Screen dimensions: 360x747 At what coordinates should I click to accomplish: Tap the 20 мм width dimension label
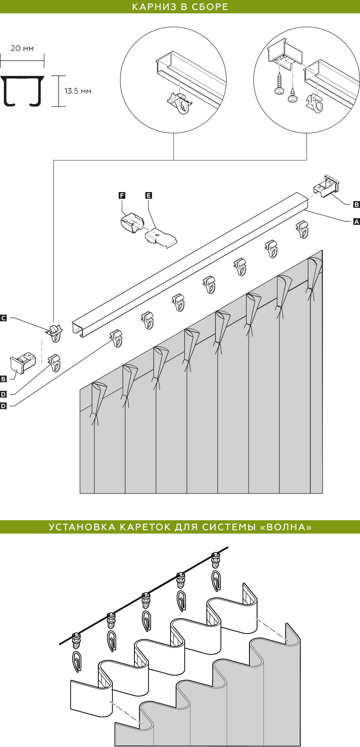[22, 48]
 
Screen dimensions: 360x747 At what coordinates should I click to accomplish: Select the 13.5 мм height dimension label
[78, 91]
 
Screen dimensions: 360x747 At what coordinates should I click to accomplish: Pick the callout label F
[122, 195]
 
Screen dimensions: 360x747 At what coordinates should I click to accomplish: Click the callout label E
[149, 195]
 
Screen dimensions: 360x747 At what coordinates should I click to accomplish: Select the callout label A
[356, 221]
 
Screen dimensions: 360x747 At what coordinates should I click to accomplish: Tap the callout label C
[3, 318]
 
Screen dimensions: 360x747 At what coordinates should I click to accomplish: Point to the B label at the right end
[356, 204]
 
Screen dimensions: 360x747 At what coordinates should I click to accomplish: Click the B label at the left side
[3, 379]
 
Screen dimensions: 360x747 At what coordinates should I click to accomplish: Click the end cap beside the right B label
[326, 186]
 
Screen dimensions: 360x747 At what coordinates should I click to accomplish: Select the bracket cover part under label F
[132, 223]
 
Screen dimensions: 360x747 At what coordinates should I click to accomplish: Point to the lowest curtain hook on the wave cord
[77, 661]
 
